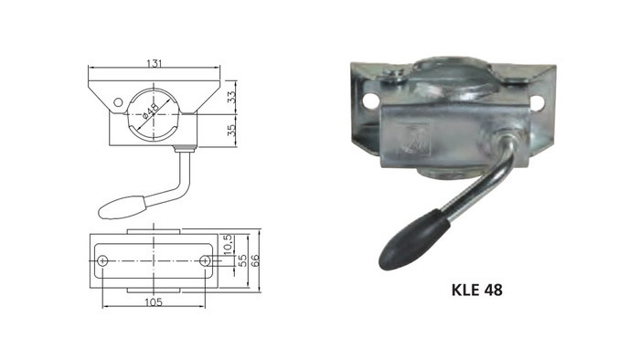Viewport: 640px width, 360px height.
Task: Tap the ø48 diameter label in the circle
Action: coord(150,114)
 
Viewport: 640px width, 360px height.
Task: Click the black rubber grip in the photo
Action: coord(414,239)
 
